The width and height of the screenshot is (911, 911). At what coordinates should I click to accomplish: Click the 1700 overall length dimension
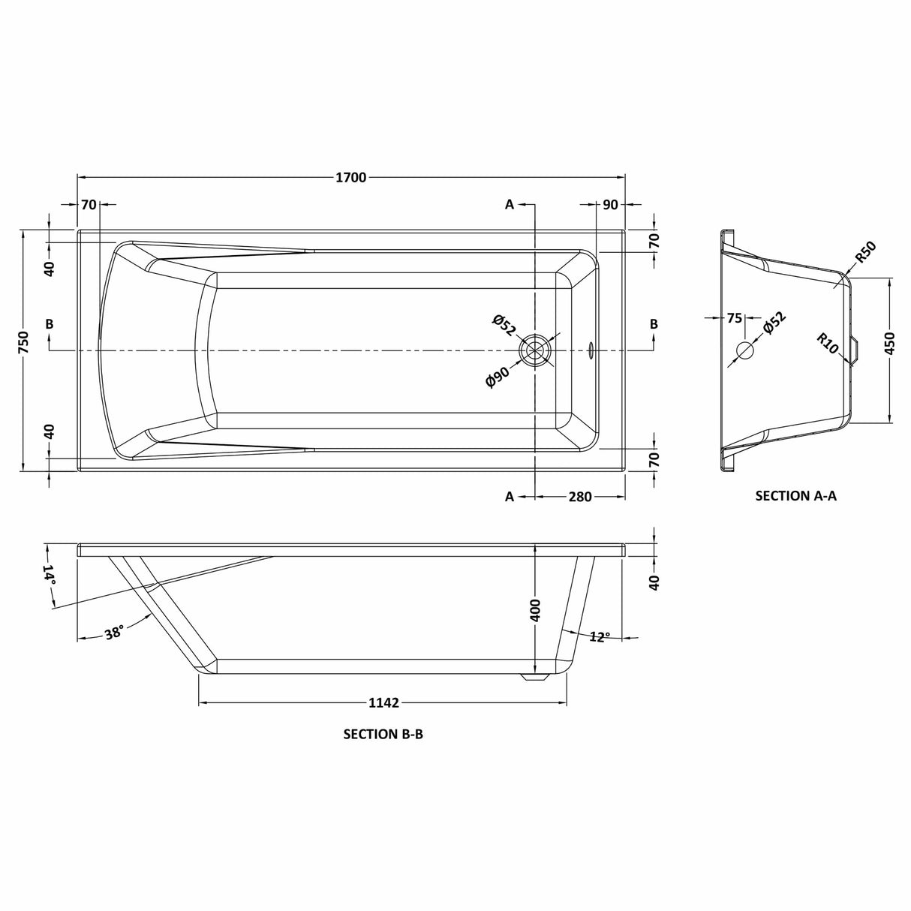point(350,177)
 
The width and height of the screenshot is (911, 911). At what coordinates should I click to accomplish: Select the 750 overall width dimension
point(23,343)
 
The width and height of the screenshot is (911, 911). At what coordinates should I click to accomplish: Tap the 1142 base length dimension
point(383,703)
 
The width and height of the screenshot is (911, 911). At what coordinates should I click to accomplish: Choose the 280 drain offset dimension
point(580,496)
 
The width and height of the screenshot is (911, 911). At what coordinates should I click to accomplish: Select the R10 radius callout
point(827,343)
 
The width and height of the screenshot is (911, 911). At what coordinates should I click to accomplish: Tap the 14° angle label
point(50,574)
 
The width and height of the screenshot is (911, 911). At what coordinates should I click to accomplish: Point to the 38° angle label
point(114,633)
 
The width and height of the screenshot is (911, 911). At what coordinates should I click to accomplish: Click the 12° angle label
point(600,636)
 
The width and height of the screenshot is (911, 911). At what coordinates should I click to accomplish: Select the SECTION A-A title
point(795,495)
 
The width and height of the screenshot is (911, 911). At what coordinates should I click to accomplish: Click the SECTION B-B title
point(383,734)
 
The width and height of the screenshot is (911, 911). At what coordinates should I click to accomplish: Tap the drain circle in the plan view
point(535,350)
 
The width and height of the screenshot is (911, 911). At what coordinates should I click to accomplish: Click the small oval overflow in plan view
point(590,350)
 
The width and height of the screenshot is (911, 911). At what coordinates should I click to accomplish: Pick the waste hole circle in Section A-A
point(744,350)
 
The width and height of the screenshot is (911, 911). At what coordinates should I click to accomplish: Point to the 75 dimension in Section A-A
point(734,318)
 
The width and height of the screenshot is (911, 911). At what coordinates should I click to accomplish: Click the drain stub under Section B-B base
point(534,677)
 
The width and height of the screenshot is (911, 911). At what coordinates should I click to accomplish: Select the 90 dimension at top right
point(610,205)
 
